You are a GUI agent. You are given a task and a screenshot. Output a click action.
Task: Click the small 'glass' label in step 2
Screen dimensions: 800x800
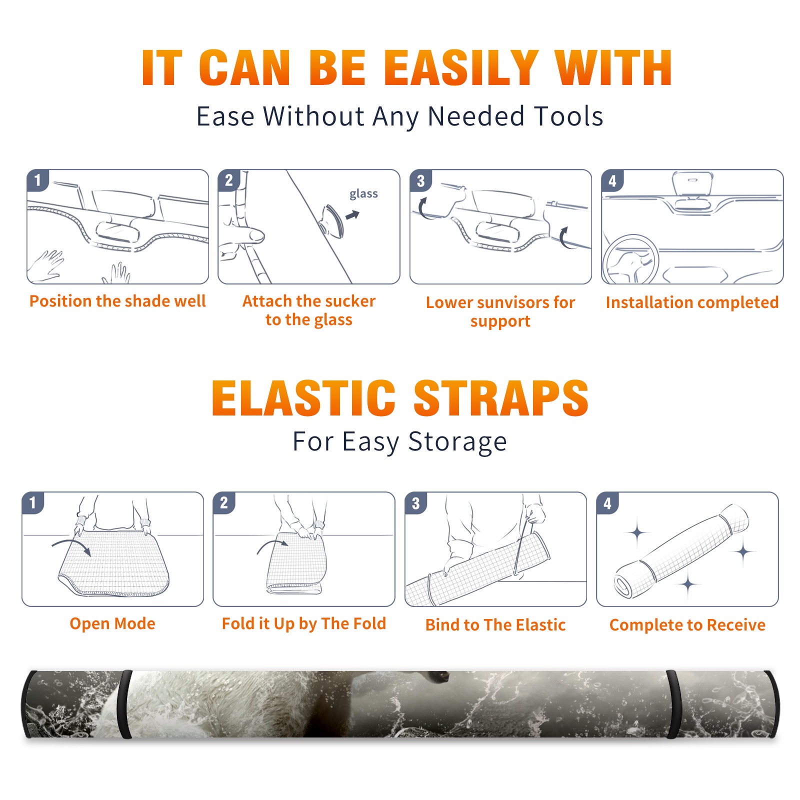[x=363, y=194]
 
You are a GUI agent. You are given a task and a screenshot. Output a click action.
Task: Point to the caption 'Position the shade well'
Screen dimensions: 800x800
[x=117, y=301]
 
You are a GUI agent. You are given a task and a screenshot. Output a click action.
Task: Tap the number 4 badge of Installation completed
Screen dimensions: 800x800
[x=612, y=180]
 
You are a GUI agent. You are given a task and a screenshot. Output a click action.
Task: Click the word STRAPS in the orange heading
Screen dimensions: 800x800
[x=501, y=398]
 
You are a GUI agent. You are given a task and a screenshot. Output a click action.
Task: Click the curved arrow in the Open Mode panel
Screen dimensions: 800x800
[x=71, y=546]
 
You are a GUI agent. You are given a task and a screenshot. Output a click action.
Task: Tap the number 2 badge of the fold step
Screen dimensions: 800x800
[x=224, y=503]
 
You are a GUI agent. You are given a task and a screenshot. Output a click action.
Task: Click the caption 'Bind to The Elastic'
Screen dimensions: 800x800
[x=495, y=625]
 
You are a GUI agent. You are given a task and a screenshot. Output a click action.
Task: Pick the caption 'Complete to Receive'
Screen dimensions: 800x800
[x=687, y=625]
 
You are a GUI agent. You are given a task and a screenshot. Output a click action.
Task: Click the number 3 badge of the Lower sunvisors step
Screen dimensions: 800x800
[x=420, y=180]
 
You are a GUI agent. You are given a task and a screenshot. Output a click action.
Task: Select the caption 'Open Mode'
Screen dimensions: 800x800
[x=112, y=623]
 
